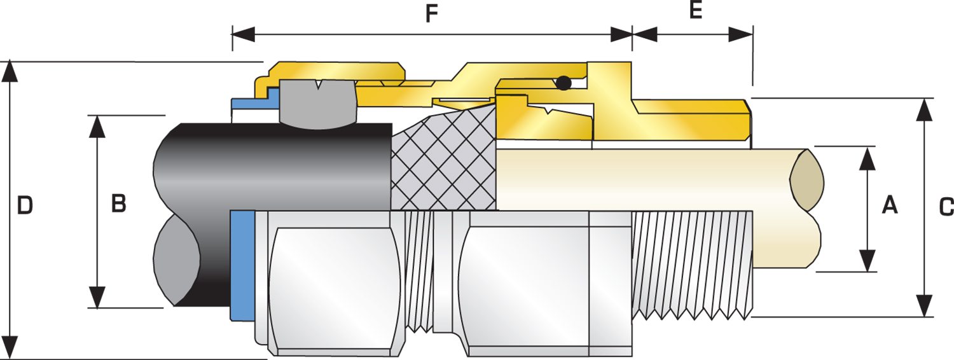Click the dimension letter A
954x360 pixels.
[x=889, y=205]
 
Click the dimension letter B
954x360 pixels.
[x=119, y=204]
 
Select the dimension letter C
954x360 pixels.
[x=946, y=206]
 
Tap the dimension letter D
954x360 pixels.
[x=24, y=205]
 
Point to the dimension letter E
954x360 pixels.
[x=696, y=11]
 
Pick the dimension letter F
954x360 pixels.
[x=432, y=15]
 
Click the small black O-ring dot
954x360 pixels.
[x=563, y=83]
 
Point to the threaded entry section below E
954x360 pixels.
[x=693, y=264]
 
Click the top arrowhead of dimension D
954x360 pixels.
[x=9, y=71]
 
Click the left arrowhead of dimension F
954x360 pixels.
[x=244, y=34]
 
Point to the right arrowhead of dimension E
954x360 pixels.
[x=742, y=34]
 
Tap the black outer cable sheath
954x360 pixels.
[x=273, y=165]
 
